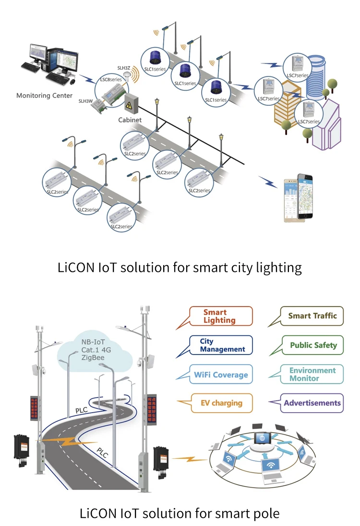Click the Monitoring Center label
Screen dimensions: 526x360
coord(45,96)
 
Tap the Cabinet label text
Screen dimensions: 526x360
coord(130,120)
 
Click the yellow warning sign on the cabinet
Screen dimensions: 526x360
coord(128,105)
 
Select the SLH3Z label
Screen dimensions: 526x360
coord(124,68)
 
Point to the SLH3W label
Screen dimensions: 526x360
coord(86,101)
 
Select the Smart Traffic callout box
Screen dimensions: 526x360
coord(312,316)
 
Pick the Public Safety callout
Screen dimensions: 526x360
coord(313,345)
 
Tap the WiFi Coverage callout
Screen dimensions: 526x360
coord(221,375)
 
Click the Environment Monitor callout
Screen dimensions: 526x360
coord(312,374)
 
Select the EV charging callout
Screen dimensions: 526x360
coord(221,403)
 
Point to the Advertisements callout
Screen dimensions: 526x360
coord(312,403)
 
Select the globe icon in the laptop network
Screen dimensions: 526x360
coord(262,439)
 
